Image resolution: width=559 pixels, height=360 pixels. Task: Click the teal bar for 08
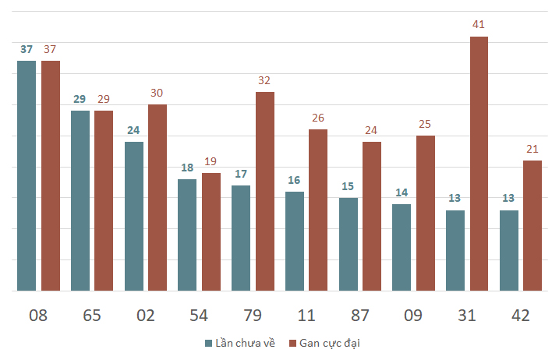point(27,176)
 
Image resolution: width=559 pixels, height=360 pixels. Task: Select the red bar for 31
point(479,164)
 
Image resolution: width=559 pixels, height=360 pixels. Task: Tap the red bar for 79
point(265,192)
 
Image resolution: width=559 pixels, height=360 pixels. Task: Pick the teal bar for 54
point(187,235)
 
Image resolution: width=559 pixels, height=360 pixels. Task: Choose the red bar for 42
point(532,226)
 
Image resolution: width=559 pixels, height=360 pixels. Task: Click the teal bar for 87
point(348,244)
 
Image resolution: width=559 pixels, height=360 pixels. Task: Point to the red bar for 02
point(157,197)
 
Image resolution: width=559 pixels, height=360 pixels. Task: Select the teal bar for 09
point(402,247)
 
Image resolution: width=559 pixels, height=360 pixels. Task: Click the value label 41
point(479,24)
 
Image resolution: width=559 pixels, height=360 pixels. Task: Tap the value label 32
point(264,80)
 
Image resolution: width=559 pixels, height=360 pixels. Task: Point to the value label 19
point(211,161)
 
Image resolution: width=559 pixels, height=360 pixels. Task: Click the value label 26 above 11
point(318,118)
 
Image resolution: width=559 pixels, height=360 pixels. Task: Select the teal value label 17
point(241,174)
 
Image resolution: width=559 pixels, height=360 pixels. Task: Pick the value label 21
point(532,149)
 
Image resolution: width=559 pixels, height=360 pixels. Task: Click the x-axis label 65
point(92,316)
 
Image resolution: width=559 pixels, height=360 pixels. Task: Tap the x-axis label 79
point(253,316)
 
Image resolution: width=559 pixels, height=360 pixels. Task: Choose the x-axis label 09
point(413,316)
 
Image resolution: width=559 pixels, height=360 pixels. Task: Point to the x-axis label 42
point(521,316)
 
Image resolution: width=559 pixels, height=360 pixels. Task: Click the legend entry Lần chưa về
point(240,343)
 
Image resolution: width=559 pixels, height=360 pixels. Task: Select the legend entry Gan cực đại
point(324,343)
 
